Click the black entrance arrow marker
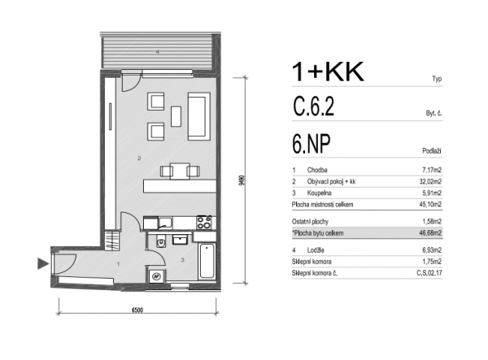(x=42, y=263)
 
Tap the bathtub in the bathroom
(x=207, y=261)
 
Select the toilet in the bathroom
(x=160, y=241)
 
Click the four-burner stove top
(x=204, y=223)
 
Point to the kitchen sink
(x=165, y=223)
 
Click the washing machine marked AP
(x=156, y=275)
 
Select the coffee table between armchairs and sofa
(x=176, y=116)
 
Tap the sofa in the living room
(x=198, y=116)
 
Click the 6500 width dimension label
(x=137, y=310)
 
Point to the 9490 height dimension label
(x=242, y=180)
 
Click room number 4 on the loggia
(x=158, y=52)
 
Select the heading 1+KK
(x=328, y=72)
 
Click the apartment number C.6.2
(x=313, y=106)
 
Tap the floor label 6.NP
(x=311, y=144)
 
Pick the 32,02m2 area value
(x=430, y=181)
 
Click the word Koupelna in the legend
(x=319, y=193)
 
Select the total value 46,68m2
(x=430, y=233)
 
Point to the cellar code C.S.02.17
(x=429, y=273)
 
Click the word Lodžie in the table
(x=316, y=250)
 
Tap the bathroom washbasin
(x=180, y=240)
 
